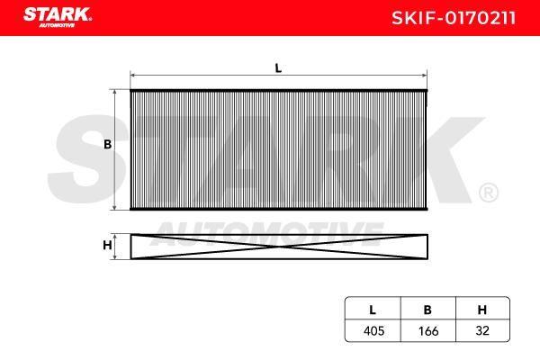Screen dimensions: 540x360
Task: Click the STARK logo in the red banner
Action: [x=58, y=17]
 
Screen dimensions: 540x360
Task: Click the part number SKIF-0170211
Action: [x=454, y=18]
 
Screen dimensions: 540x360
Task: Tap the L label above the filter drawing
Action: [x=278, y=68]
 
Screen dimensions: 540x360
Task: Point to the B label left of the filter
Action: [x=107, y=144]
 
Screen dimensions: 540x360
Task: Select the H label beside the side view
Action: [x=107, y=246]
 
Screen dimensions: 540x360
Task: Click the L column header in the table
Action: [x=373, y=310]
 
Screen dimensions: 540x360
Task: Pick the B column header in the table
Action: [x=427, y=310]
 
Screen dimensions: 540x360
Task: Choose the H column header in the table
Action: [x=482, y=310]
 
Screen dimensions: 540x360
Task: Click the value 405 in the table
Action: [x=373, y=331]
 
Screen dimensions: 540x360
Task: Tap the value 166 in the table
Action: [x=428, y=331]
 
